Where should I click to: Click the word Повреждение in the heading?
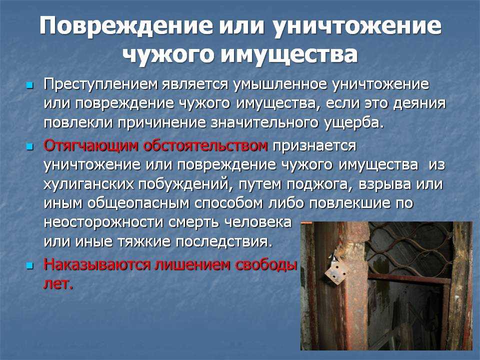pos(125,25)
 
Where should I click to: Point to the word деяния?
pos(419,103)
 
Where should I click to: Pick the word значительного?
pos(265,122)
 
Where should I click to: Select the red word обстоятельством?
pos(205,145)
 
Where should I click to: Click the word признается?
pos(314,145)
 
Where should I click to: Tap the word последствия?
pos(224,242)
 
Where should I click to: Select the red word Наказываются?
pos(97,264)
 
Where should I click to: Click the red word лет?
pos(58,284)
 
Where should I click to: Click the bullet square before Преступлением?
pos(29,85)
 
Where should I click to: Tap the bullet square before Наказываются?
pos(29,265)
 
